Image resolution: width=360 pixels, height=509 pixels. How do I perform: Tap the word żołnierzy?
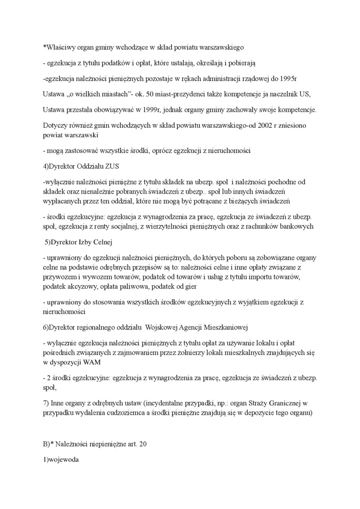tap(189, 353)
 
